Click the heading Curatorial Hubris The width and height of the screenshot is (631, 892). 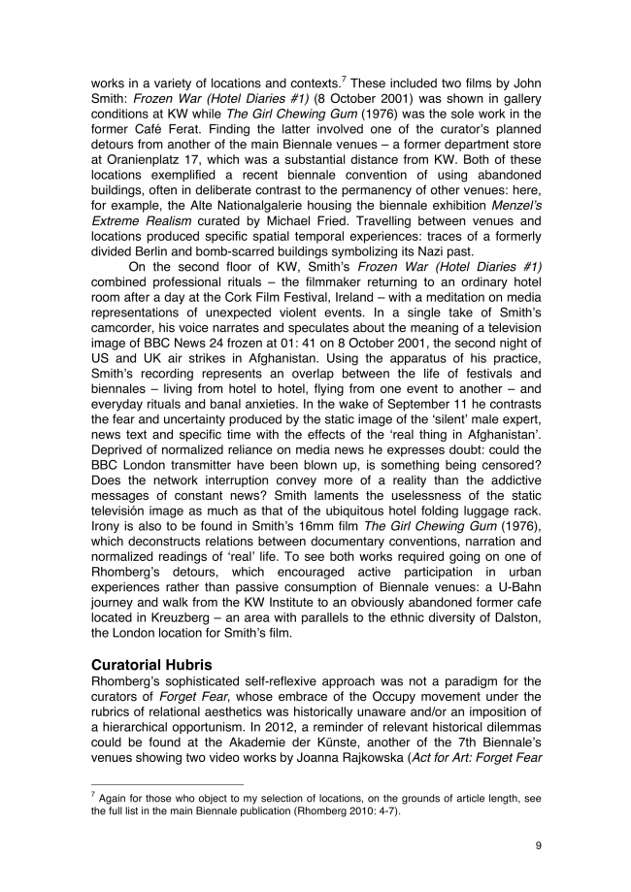[x=154, y=665]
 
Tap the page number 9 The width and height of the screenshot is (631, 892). [x=538, y=844]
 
